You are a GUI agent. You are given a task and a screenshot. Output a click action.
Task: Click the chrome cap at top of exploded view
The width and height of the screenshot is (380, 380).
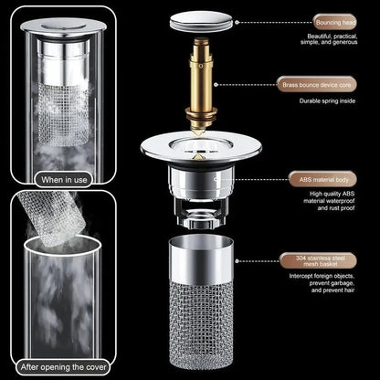point(207,16)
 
